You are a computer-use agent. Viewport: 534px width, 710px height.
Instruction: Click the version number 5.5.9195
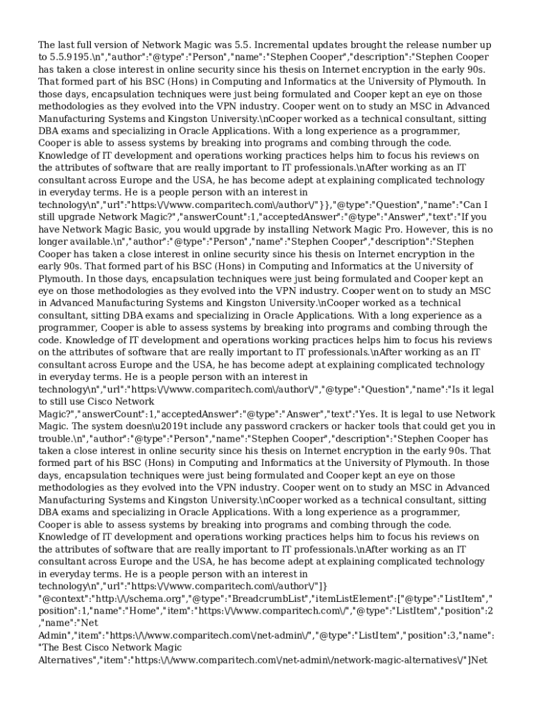point(69,57)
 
